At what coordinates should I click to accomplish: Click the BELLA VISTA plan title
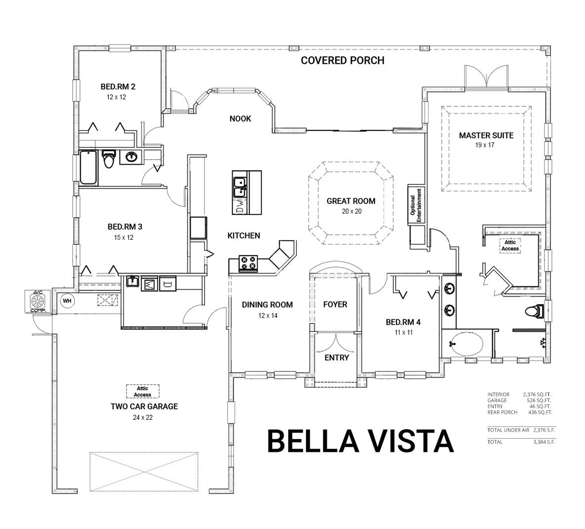point(360,441)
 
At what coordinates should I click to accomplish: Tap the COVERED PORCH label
point(342,61)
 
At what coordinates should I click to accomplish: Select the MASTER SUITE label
point(486,135)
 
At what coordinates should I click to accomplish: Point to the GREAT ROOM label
point(351,201)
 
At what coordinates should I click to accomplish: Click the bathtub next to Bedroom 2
point(89,167)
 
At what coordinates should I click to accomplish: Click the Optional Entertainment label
point(416,205)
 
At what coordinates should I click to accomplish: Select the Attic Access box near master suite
point(510,245)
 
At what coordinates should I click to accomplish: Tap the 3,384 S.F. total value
point(544,442)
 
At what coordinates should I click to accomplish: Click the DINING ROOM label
point(267,305)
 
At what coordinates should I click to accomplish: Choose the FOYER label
point(335,305)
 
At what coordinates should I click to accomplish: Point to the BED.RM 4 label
point(403,322)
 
